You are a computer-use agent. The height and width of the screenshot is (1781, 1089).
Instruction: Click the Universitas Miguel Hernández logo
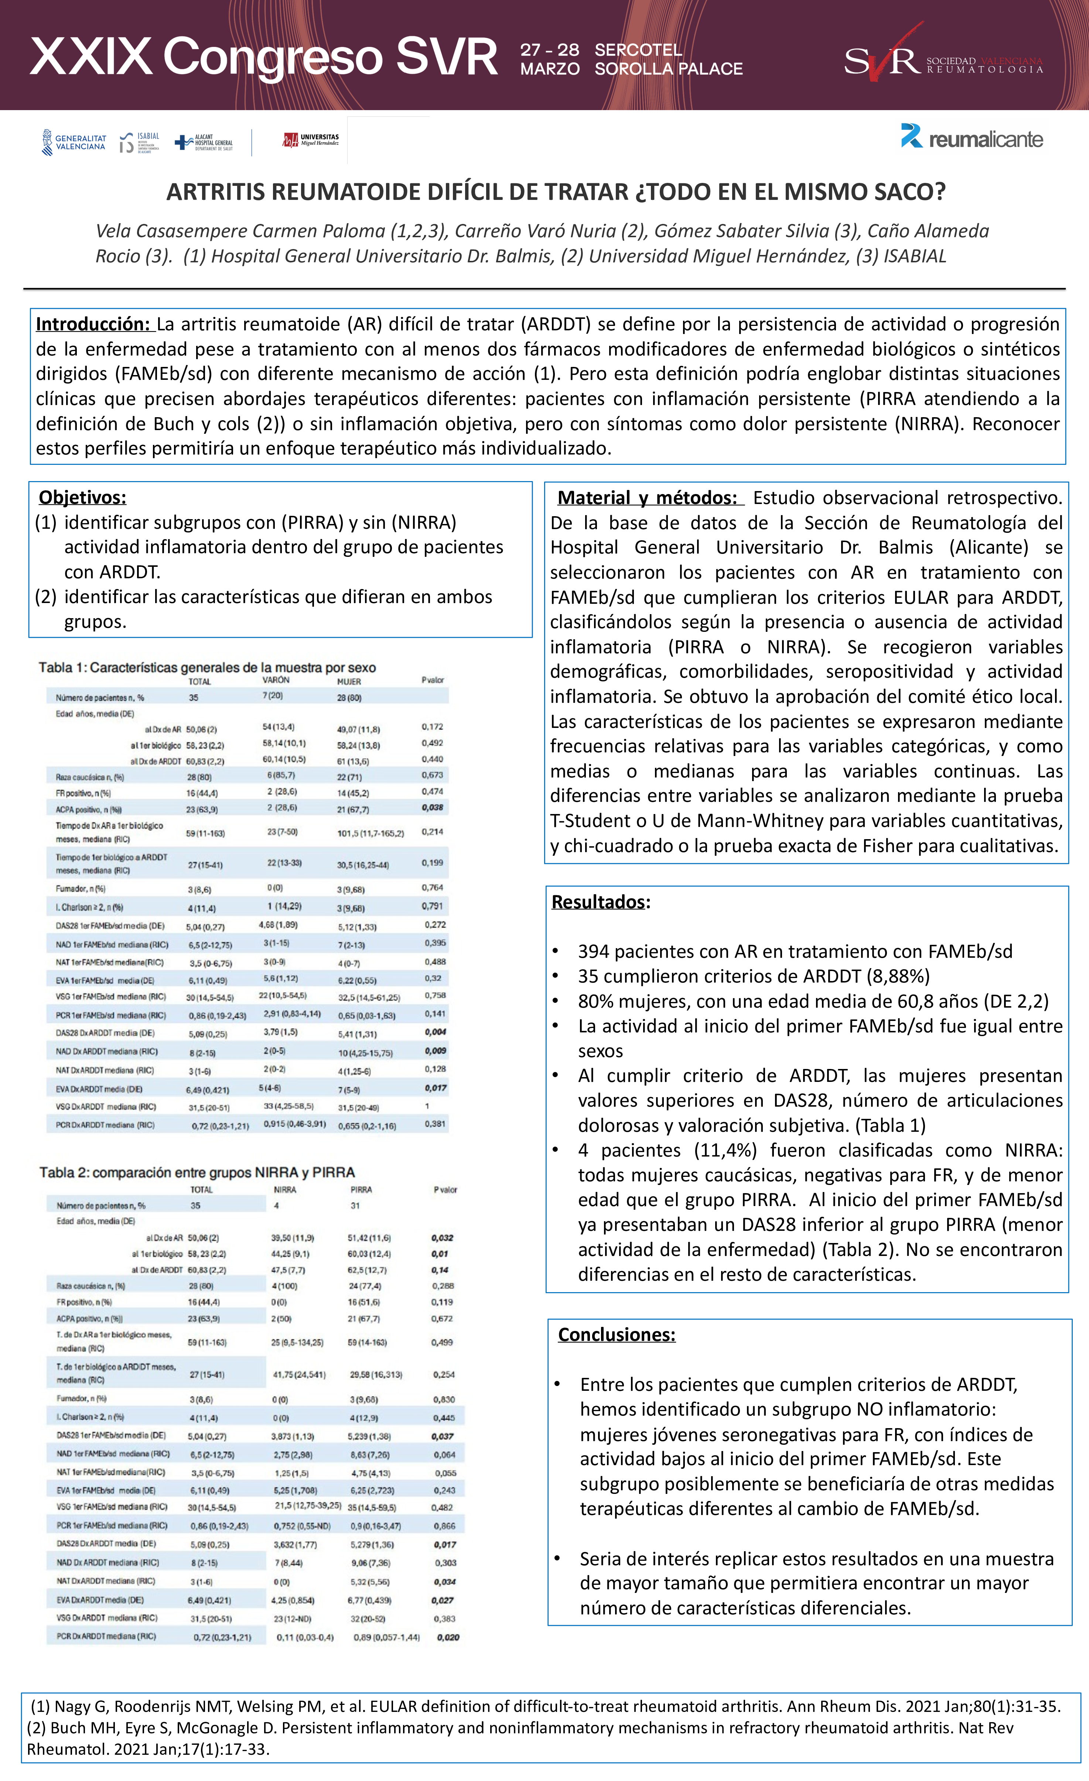(x=311, y=140)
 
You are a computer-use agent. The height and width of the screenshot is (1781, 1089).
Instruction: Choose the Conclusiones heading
(x=617, y=1334)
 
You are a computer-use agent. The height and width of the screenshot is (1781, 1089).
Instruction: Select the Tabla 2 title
(x=197, y=1172)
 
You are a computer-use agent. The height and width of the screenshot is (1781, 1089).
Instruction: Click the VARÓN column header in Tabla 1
(x=276, y=680)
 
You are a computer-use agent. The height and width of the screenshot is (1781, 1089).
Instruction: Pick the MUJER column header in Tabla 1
(x=349, y=682)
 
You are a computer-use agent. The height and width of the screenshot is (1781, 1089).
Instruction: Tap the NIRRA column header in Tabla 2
(x=285, y=1190)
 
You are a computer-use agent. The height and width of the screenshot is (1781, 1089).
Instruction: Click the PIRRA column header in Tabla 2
(x=361, y=1190)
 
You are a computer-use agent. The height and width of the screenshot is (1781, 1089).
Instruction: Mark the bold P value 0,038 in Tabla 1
(x=433, y=807)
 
